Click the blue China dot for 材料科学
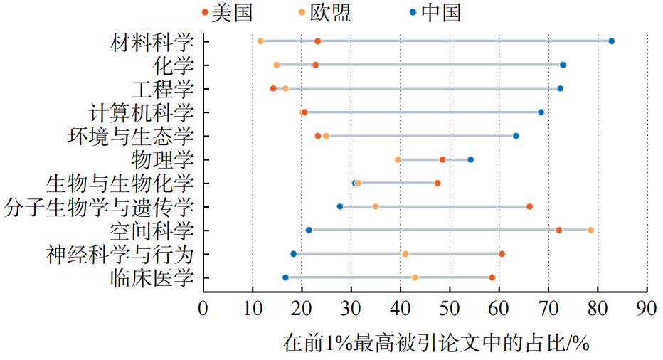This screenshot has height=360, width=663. pos(611,41)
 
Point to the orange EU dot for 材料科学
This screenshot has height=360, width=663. pos(260,41)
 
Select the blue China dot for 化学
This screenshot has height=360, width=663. pos(563,65)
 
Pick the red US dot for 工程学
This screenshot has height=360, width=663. pos(273,88)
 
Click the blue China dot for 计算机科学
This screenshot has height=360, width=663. pos(541,112)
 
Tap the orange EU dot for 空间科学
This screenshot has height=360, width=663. pos(590,230)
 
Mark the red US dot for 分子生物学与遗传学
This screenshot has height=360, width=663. pos(529,206)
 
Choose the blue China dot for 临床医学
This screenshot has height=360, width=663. pos(286,277)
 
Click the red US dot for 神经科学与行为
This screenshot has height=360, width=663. pos(502,254)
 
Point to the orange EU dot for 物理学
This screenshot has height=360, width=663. pos(398,159)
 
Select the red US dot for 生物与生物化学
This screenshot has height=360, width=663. pos(437,183)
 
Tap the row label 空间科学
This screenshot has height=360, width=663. pos(152,231)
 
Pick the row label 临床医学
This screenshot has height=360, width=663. pos(152,277)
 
